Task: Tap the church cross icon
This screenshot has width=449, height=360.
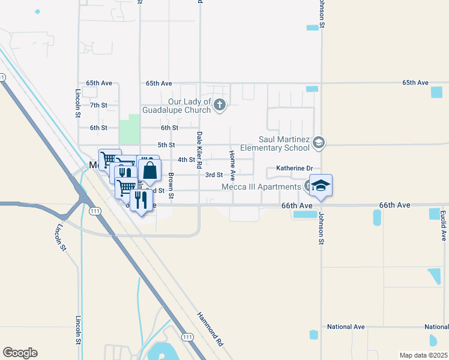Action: (x=220, y=106)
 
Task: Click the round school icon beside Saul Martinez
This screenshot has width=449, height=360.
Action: (x=319, y=142)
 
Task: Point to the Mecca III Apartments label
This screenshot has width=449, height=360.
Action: (x=261, y=187)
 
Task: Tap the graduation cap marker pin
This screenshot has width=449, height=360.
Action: (x=321, y=185)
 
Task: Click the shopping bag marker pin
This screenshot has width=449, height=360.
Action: (x=150, y=170)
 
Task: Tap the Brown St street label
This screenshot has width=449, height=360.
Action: (x=171, y=186)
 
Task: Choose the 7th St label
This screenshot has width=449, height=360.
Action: (x=98, y=105)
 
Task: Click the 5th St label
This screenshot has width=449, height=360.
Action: (x=166, y=145)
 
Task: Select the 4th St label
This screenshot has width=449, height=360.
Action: (x=186, y=160)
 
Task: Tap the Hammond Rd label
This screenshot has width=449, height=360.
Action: (x=210, y=329)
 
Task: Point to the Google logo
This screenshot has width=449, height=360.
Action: (x=20, y=353)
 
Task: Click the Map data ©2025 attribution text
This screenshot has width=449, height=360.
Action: (x=423, y=355)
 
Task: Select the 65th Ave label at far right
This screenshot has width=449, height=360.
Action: (x=415, y=82)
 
